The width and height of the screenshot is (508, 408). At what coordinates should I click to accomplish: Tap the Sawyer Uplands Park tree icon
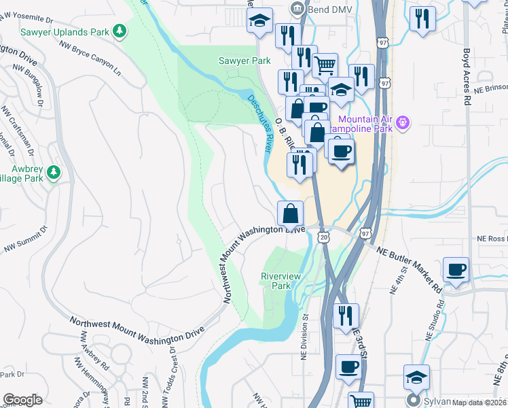coord(120,30)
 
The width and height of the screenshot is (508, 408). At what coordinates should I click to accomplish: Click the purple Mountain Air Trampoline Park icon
coord(403,122)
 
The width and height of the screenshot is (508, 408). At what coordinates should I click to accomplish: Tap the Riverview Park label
coord(276,281)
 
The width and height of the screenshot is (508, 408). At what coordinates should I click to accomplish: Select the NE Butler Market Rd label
coord(410,269)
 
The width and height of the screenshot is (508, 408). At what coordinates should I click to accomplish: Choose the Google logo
coord(22,400)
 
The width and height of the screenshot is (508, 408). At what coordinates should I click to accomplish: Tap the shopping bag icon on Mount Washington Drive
coord(290,213)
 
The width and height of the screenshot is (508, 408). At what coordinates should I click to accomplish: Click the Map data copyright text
coord(479,403)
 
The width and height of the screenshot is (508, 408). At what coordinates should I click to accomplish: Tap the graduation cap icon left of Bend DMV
coord(259,20)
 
